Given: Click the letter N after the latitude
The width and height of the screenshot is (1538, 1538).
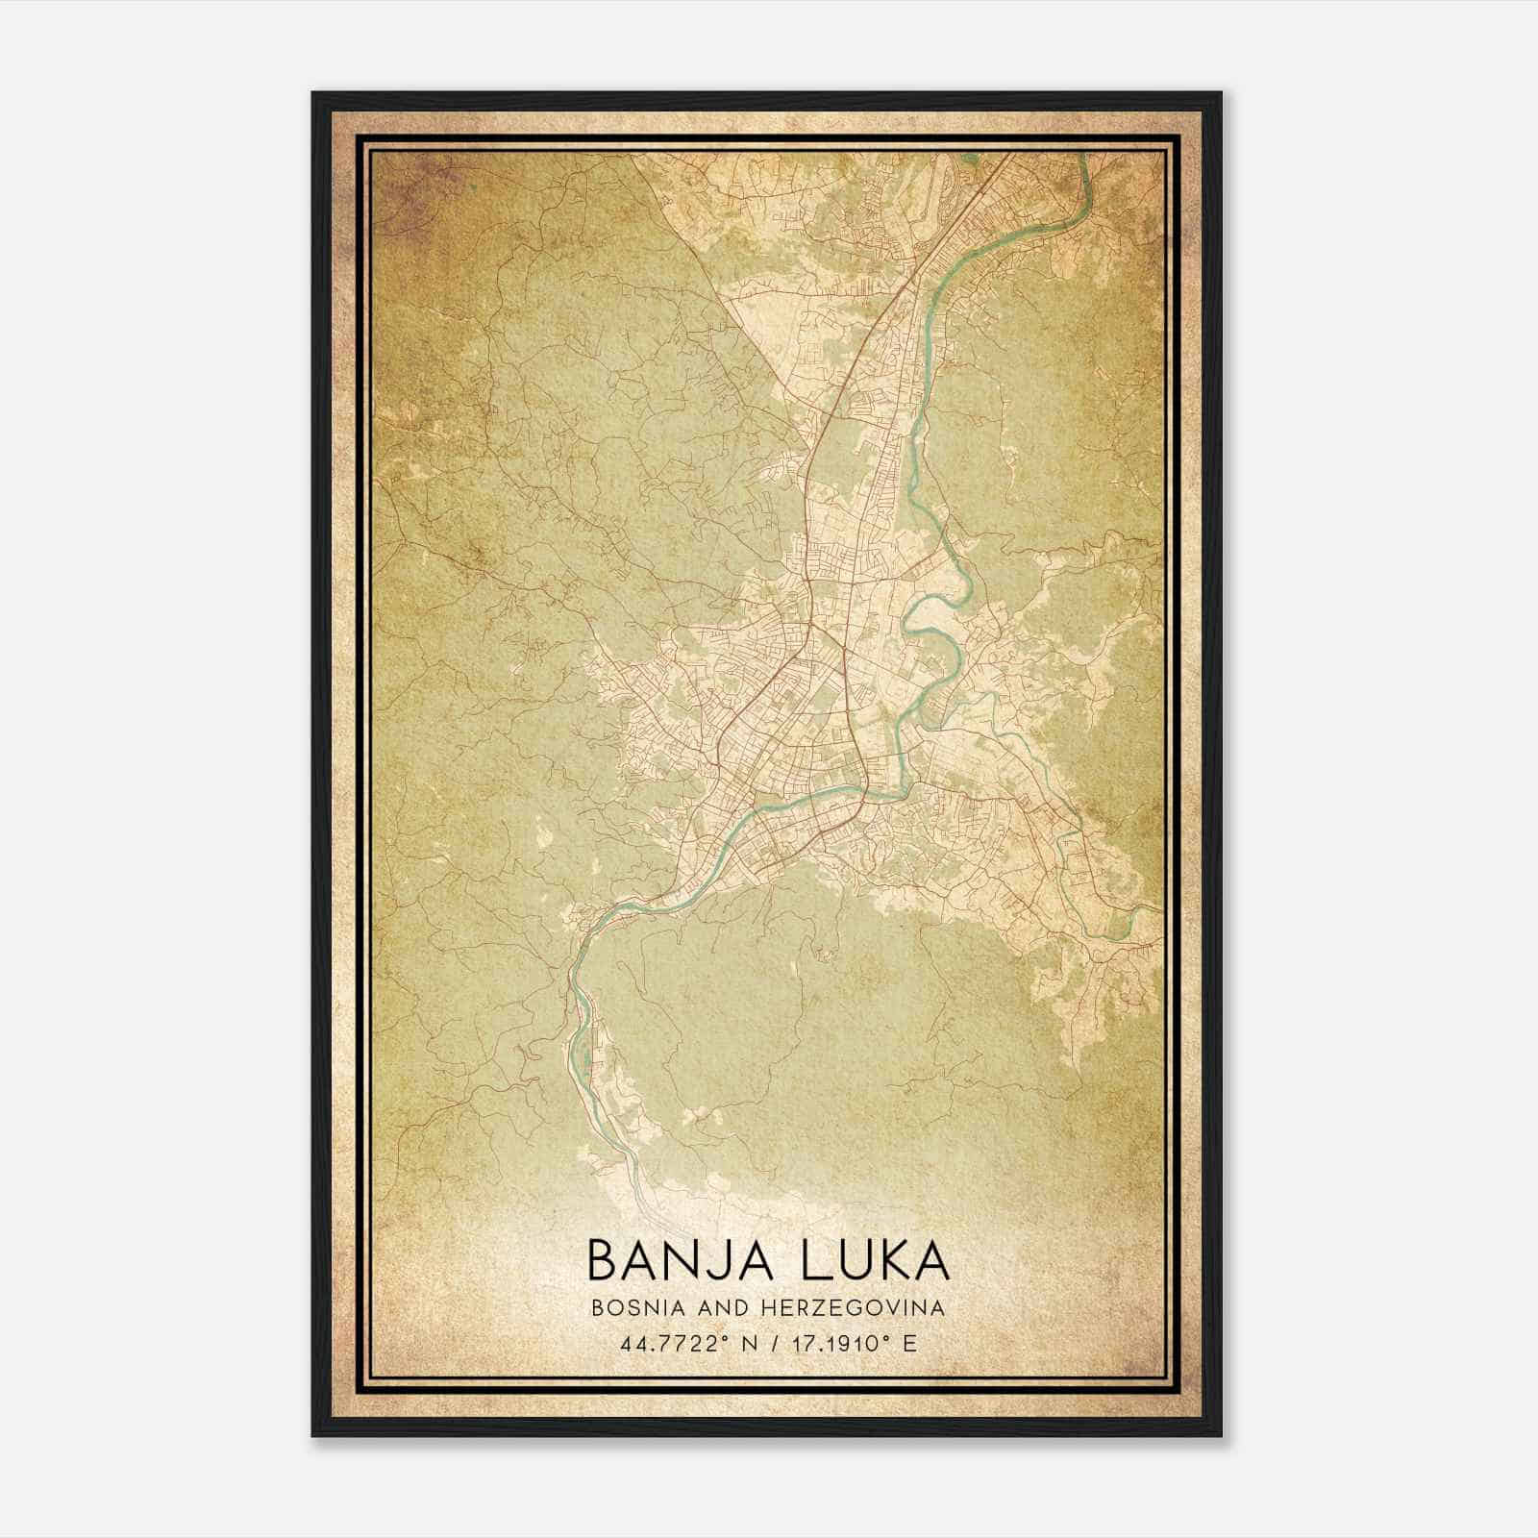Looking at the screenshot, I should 750,1343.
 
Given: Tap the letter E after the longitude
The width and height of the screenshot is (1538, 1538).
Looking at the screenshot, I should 908,1343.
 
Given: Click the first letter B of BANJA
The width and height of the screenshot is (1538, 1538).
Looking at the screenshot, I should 601,1260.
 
